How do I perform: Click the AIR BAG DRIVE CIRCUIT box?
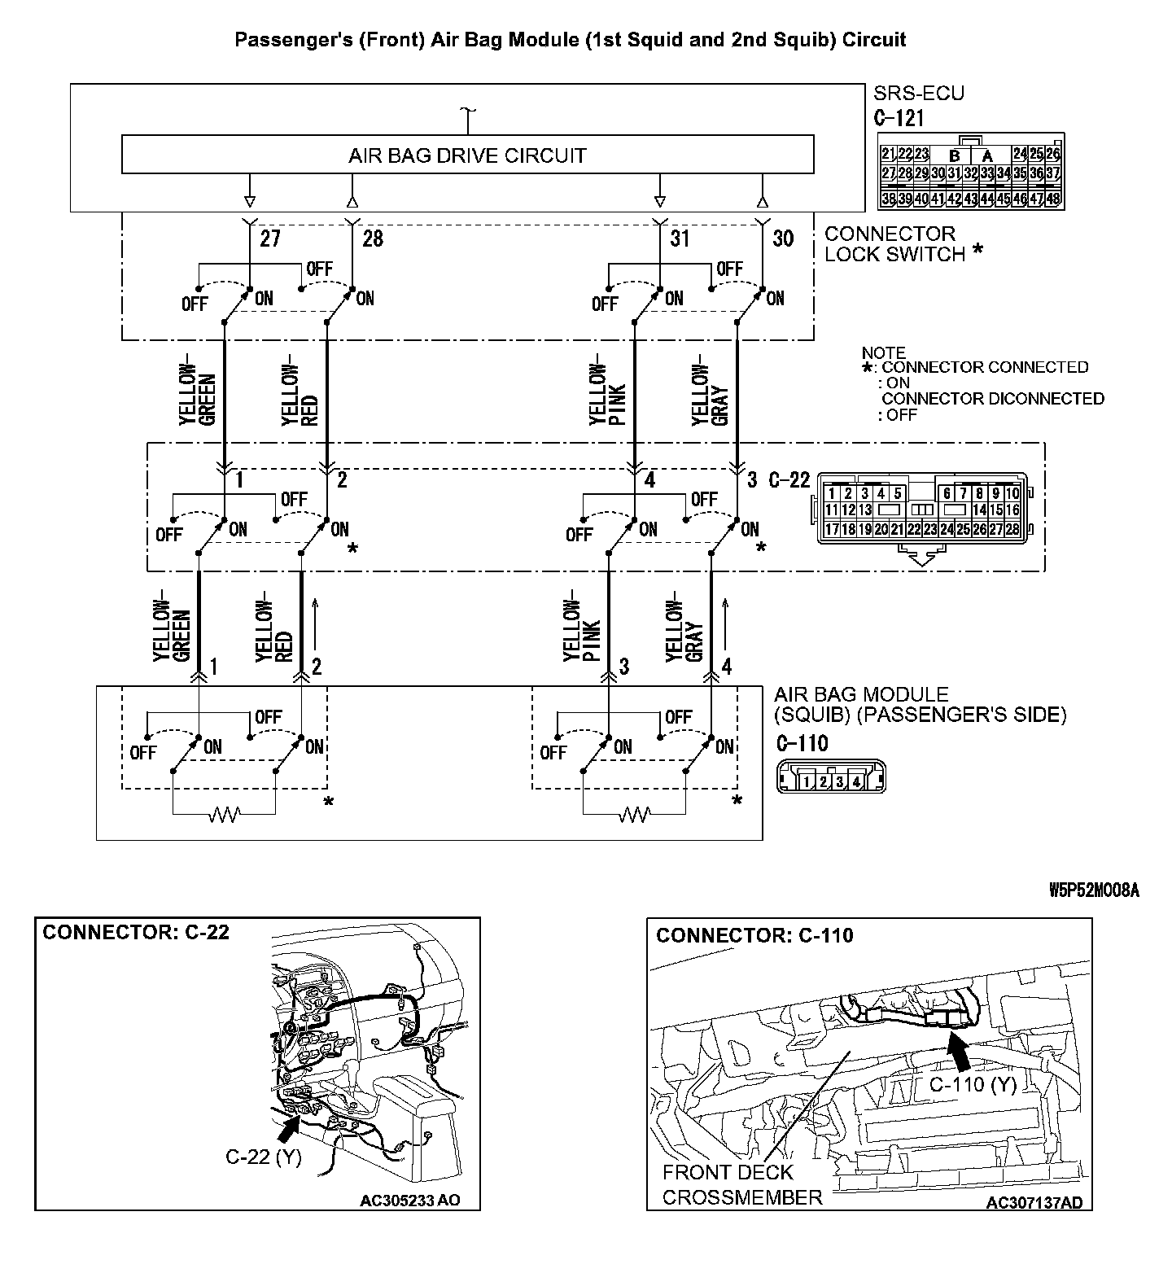(x=467, y=155)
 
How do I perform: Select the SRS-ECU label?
(x=918, y=93)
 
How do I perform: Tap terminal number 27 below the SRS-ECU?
(x=269, y=238)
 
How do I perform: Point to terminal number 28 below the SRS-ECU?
(x=373, y=238)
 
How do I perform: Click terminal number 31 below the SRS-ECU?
(x=680, y=238)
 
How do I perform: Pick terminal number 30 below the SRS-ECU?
(x=782, y=238)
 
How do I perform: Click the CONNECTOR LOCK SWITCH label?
(x=895, y=244)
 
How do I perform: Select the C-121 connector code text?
(x=899, y=119)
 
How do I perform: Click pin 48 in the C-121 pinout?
(x=1053, y=199)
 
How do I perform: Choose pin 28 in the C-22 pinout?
(x=1012, y=530)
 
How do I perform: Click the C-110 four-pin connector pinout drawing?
(x=831, y=776)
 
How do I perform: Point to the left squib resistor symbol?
(x=224, y=813)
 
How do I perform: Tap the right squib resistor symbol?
(x=634, y=813)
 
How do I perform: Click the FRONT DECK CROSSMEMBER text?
(x=741, y=1184)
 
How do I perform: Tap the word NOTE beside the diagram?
(x=883, y=353)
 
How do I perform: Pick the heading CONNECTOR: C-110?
(x=754, y=935)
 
